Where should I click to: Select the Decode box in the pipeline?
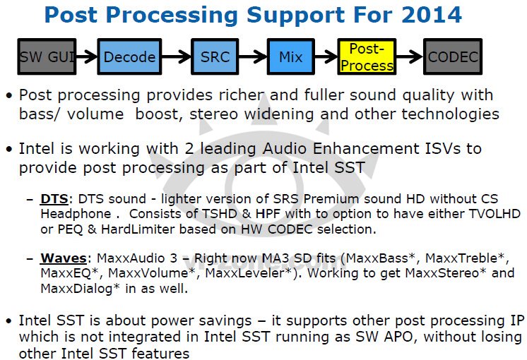coord(129,57)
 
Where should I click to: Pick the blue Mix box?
coord(291,57)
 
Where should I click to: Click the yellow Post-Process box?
coord(367,56)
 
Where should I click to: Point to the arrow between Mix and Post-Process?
coord(326,57)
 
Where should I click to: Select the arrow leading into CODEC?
coord(410,57)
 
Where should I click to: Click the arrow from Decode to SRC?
coord(174,57)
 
